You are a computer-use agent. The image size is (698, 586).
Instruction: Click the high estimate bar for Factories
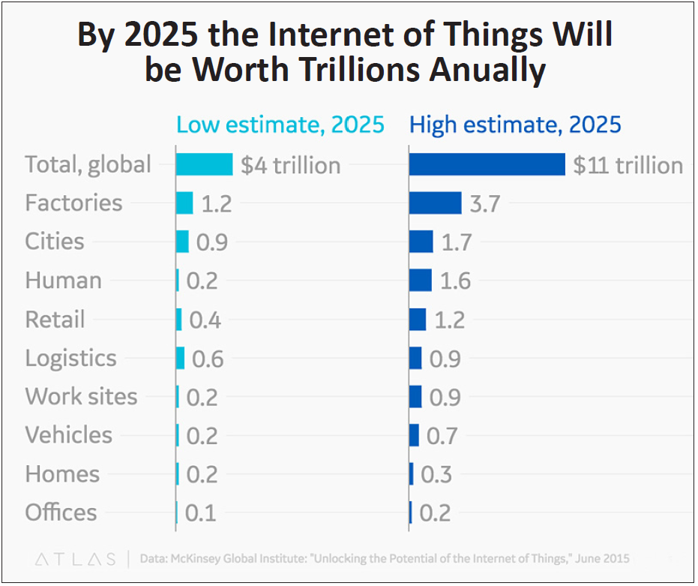pyautogui.click(x=435, y=203)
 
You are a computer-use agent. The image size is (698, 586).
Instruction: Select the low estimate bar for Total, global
pyautogui.click(x=204, y=164)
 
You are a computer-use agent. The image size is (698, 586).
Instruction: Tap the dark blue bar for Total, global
pyautogui.click(x=487, y=164)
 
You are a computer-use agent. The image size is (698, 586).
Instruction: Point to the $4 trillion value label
pyautogui.click(x=290, y=165)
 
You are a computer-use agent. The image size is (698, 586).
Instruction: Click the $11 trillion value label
pyautogui.click(x=628, y=165)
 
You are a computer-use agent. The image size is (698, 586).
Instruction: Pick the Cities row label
pyautogui.click(x=55, y=242)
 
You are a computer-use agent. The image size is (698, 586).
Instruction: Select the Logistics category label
pyautogui.click(x=71, y=358)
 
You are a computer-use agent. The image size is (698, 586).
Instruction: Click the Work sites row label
pyautogui.click(x=81, y=396)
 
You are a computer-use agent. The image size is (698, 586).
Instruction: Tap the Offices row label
pyautogui.click(x=61, y=512)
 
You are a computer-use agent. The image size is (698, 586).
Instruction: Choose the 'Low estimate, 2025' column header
pyautogui.click(x=280, y=125)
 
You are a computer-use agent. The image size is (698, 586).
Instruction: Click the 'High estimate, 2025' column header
pyautogui.click(x=515, y=125)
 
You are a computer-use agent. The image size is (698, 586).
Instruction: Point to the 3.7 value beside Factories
pyautogui.click(x=484, y=204)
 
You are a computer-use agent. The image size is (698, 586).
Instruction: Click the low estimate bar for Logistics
pyautogui.click(x=180, y=358)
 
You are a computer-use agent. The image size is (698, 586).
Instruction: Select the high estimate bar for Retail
pyautogui.click(x=418, y=320)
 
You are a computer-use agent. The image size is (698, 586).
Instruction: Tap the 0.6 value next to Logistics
pyautogui.click(x=208, y=359)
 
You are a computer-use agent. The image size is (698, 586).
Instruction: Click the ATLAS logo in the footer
pyautogui.click(x=75, y=559)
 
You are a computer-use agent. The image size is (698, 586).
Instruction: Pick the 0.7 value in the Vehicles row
pyautogui.click(x=442, y=436)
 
